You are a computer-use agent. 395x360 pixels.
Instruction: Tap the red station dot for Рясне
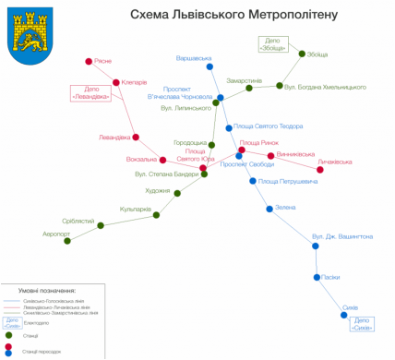pos(89,62)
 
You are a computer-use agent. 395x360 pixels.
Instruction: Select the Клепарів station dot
pos(116,83)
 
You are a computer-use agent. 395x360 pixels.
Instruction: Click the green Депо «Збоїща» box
pos(272,43)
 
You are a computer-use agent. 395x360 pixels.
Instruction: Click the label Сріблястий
pos(78,221)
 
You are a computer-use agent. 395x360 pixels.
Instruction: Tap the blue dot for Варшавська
pos(210,67)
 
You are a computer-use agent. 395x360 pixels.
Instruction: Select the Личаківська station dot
pos(320,170)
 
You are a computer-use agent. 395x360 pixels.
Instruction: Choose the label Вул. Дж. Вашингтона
pos(342,237)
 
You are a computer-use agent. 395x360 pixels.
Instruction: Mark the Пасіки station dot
pos(317,277)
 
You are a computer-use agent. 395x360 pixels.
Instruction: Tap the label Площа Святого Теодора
pos(268,126)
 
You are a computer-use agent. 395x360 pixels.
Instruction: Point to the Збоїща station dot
pos(302,54)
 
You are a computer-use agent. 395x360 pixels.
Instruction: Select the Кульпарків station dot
pos(157,215)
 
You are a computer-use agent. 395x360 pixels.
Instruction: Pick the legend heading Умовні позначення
pos(51,290)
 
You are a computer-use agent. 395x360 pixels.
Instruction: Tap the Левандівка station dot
pos(136,138)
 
